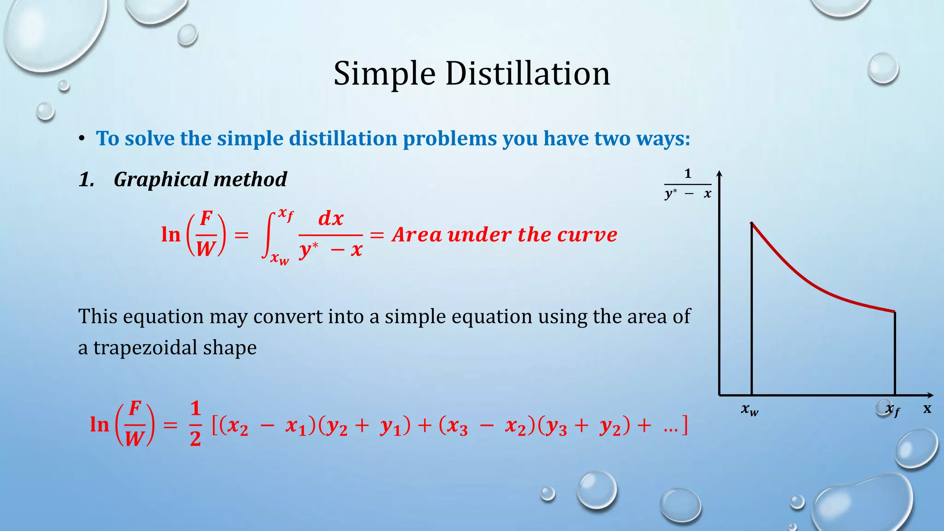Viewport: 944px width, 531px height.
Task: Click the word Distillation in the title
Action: (x=527, y=74)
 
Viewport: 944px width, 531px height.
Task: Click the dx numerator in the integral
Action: (x=331, y=218)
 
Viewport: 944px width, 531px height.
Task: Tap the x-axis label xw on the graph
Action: (x=749, y=409)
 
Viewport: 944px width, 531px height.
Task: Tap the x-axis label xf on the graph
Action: (x=892, y=409)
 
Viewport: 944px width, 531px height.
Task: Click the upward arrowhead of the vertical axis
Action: (x=719, y=173)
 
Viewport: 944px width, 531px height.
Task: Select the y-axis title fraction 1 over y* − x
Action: (x=688, y=184)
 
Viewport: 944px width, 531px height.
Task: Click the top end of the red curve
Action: (x=752, y=224)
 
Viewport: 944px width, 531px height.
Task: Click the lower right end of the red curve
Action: (x=894, y=312)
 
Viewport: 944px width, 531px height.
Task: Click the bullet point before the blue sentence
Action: (x=82, y=138)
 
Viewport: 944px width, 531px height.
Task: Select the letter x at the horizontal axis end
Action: (x=927, y=408)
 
